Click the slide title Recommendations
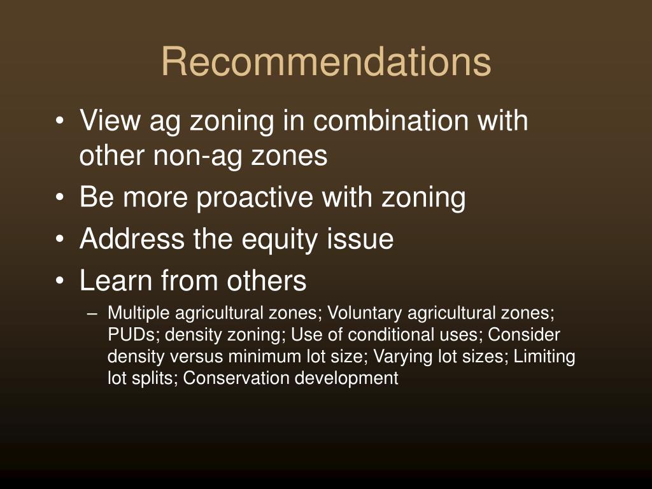(x=326, y=62)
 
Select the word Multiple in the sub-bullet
(x=138, y=313)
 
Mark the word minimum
(x=264, y=357)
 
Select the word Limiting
(x=544, y=357)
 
